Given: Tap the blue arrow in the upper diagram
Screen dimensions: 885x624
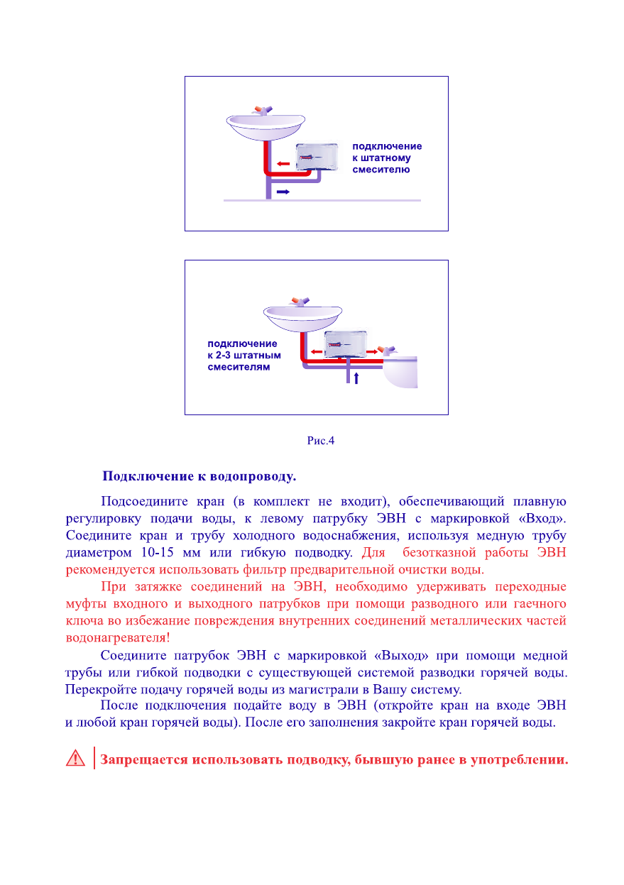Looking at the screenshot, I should pyautogui.click(x=283, y=192).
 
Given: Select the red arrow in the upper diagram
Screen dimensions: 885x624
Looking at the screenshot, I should pyautogui.click(x=283, y=164).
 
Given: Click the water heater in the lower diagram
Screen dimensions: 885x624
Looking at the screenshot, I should pyautogui.click(x=345, y=345).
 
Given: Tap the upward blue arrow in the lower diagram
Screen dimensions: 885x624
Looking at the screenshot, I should pyautogui.click(x=356, y=378).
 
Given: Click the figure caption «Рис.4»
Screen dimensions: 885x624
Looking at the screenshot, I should pyautogui.click(x=320, y=441).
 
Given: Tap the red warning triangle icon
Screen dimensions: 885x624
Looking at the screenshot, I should pyautogui.click(x=75, y=759).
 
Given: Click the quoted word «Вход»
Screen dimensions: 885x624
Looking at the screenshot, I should pyautogui.click(x=541, y=518).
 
